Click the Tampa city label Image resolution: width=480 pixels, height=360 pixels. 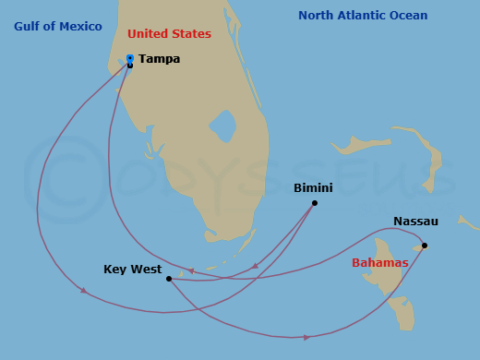coord(159,59)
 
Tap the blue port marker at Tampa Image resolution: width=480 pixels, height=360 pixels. coord(130,58)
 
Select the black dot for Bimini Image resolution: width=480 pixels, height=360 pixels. coord(315,203)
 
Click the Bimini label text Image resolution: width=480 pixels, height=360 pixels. coord(313,188)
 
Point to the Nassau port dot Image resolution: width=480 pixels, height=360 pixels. coord(425,246)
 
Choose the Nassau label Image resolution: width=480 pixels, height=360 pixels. coord(415,222)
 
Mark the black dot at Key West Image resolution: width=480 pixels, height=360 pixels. coord(168,279)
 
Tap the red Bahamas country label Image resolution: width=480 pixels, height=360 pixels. coord(379,263)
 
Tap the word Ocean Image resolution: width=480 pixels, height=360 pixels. coord(409,16)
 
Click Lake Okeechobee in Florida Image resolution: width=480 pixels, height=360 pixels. coord(222,126)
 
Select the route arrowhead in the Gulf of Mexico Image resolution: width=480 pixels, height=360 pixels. coord(84,291)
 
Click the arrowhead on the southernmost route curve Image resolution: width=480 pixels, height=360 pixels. coord(307,337)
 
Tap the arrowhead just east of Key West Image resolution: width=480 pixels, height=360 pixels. coord(191,271)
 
